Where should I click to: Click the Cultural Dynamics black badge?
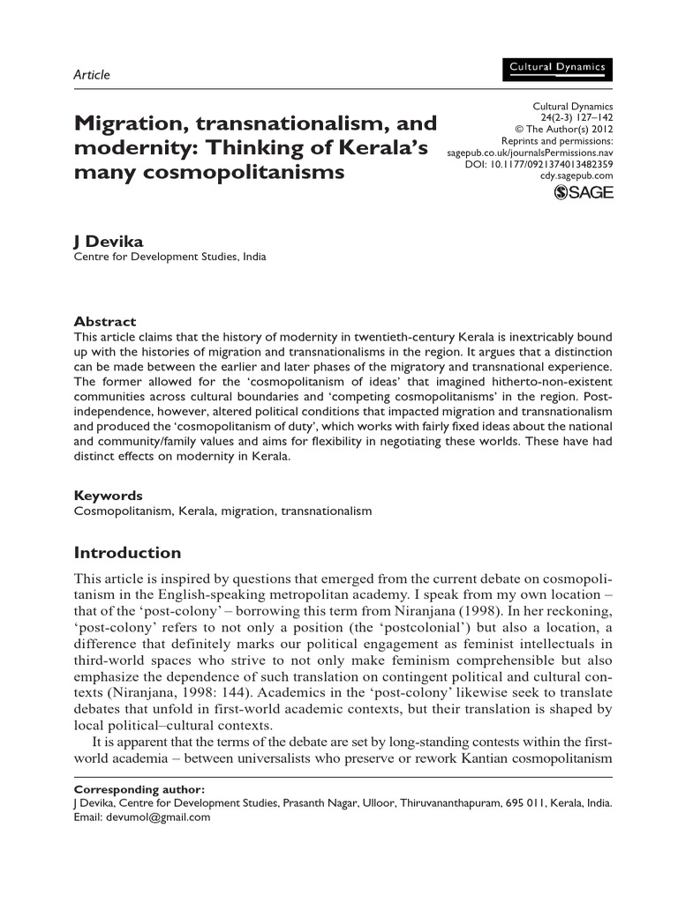point(556,68)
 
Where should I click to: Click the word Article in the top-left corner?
point(92,75)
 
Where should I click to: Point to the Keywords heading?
point(108,496)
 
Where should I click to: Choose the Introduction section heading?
point(127,554)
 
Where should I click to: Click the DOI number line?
point(539,164)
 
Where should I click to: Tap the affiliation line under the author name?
point(169,257)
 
